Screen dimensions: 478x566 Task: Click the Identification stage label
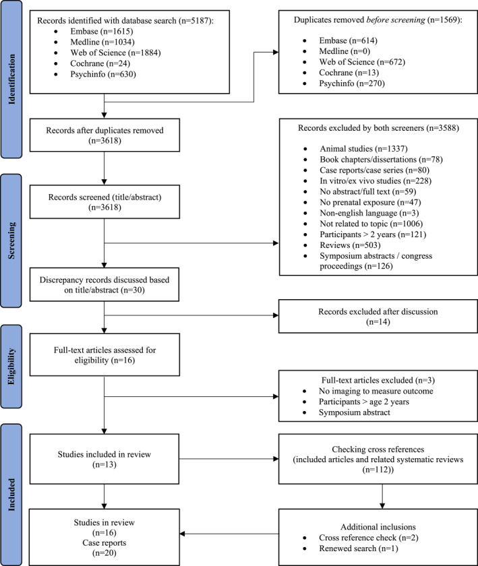coord(11,80)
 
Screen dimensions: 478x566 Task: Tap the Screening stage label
coord(11,241)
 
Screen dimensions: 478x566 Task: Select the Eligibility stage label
coord(11,367)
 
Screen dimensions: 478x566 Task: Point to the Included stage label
coord(11,495)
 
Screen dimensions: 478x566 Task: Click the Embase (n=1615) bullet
coord(102,32)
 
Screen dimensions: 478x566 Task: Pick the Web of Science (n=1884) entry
coord(115,53)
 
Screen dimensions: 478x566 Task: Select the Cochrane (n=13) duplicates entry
coord(349,73)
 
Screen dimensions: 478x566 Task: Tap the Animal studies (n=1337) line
coord(363,149)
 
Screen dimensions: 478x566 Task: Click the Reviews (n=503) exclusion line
coord(350,245)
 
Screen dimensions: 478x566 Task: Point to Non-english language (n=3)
coord(369,213)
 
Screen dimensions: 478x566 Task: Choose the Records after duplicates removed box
coord(104,135)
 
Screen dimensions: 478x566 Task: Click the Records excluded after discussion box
coord(378,316)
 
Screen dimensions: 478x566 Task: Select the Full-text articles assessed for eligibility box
coord(104,354)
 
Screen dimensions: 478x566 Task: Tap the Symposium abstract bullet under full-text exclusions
coord(354,412)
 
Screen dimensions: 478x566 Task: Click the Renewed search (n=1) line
coord(358,548)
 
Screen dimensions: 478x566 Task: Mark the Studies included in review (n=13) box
coord(104,459)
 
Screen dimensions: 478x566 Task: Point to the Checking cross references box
coord(378,459)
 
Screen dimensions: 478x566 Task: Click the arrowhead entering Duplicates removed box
coord(276,53)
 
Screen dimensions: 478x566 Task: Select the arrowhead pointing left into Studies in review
coord(182,534)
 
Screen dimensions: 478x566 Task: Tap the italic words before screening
coord(396,20)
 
